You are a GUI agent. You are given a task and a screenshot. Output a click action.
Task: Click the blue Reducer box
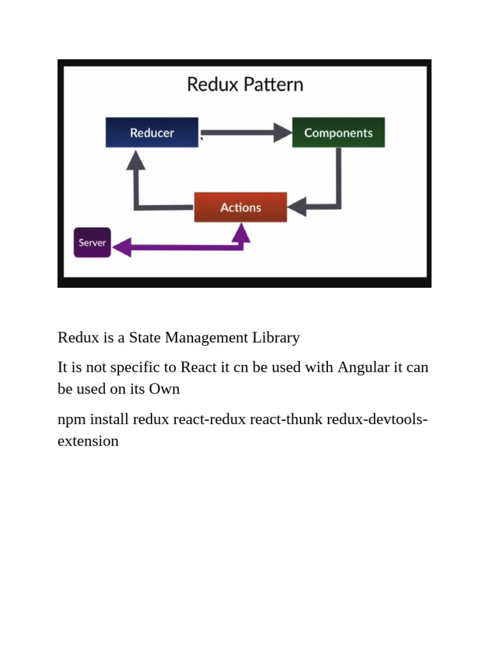tap(152, 132)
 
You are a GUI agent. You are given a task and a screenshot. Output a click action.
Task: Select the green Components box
tap(338, 132)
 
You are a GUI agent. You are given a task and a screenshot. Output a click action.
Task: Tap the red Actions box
tap(240, 207)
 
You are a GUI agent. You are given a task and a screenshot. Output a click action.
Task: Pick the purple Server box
tap(92, 243)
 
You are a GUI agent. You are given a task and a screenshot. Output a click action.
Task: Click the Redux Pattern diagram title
tap(244, 85)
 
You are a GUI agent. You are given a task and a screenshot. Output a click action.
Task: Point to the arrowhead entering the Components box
tap(283, 132)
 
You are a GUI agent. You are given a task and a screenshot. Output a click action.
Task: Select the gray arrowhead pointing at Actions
tap(297, 207)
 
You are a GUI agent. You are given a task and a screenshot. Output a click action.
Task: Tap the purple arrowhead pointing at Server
tap(122, 246)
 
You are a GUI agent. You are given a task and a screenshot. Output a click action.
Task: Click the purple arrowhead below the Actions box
tap(240, 233)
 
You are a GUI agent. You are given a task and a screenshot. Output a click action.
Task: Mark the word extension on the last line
tap(88, 441)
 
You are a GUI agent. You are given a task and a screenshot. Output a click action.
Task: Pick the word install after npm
tap(109, 420)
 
